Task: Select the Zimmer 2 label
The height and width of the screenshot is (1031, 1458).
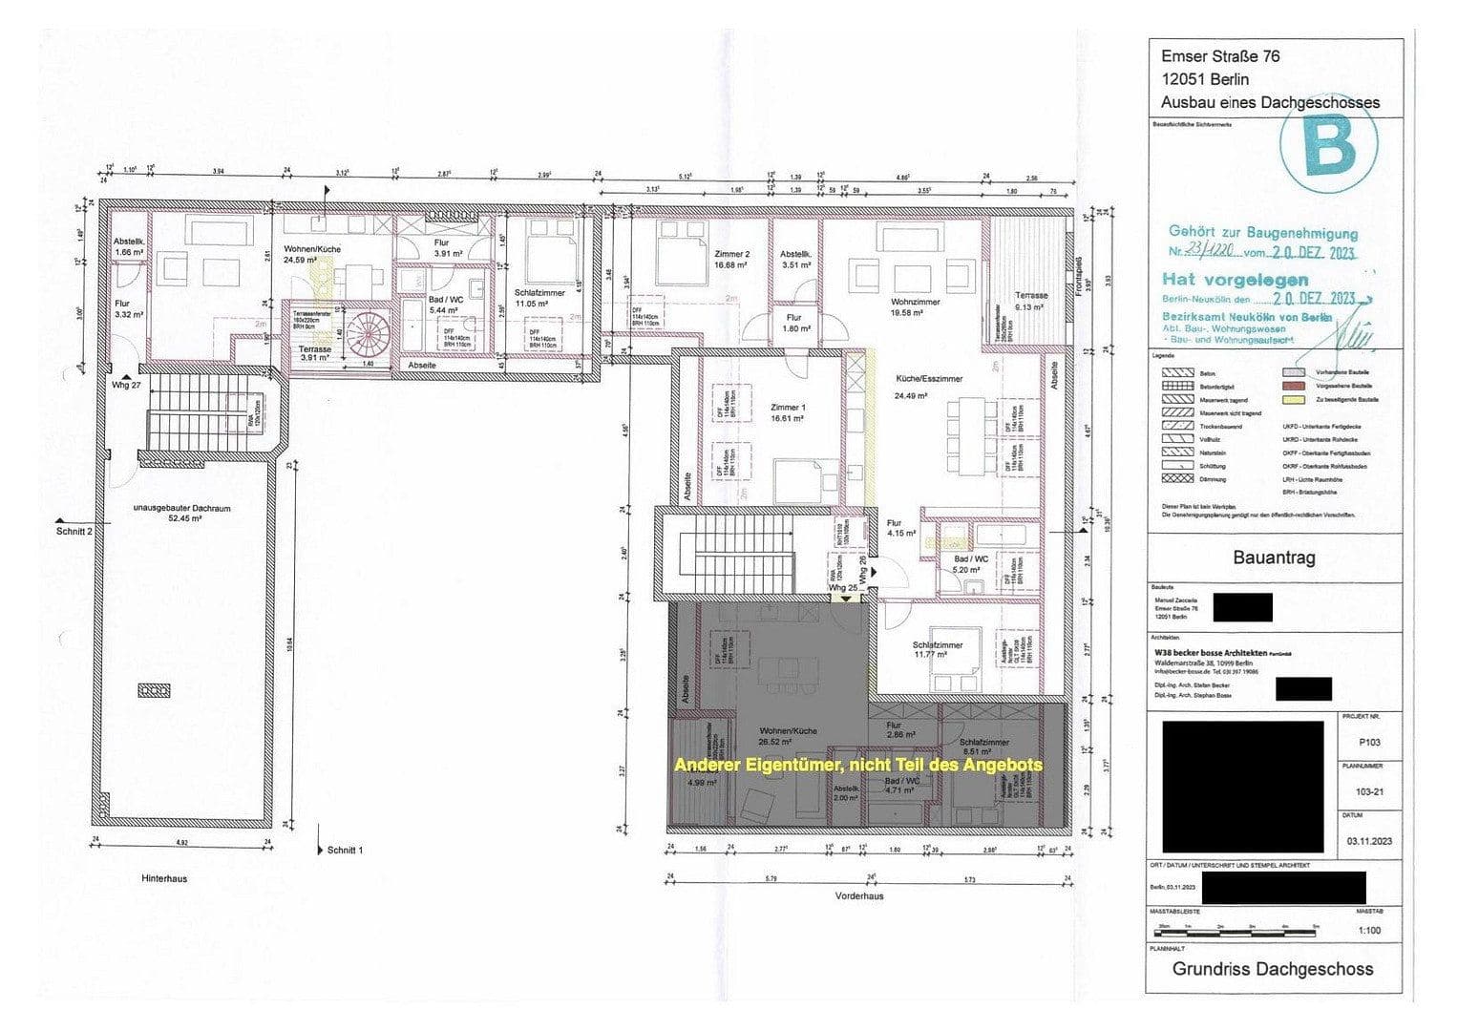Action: click(x=732, y=254)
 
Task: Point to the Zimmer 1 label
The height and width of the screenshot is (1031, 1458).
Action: click(x=788, y=408)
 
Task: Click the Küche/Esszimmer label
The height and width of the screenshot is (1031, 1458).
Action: click(x=928, y=379)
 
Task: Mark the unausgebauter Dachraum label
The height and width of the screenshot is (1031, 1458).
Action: click(x=181, y=509)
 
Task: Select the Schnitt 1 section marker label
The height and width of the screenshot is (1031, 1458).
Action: click(x=344, y=850)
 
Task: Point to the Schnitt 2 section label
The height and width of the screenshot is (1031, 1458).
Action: click(x=74, y=531)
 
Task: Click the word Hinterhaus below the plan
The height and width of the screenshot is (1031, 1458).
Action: click(x=164, y=878)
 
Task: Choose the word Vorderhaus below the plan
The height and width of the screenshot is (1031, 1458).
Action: click(x=859, y=896)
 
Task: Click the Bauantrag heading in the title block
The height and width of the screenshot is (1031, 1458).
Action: click(x=1274, y=558)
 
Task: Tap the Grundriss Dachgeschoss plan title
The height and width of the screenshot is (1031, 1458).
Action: click(x=1273, y=969)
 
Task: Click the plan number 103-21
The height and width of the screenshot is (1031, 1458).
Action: click(x=1368, y=791)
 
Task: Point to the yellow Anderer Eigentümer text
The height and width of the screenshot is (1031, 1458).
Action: click(x=857, y=766)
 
